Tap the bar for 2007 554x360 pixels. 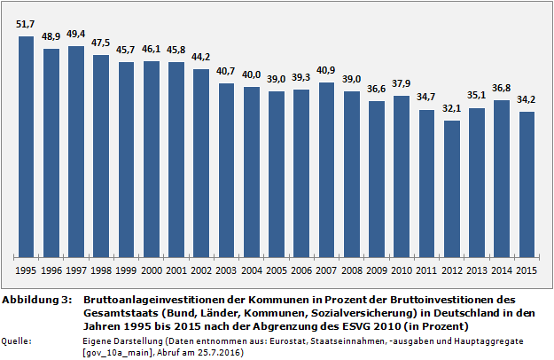[327, 168]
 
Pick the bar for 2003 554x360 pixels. [226, 168]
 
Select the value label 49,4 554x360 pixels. [76, 35]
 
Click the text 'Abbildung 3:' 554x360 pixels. [36, 301]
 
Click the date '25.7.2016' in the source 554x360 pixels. [220, 351]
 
